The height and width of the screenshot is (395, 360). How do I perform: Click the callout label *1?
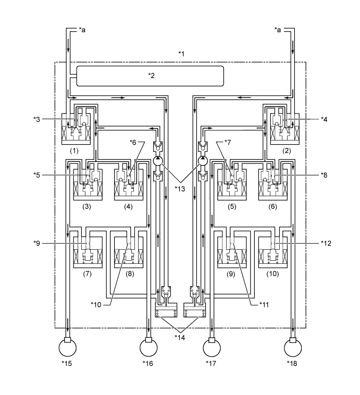[x=181, y=54]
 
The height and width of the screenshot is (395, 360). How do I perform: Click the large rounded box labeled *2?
[x=150, y=75]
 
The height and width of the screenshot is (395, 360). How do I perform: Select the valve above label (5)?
[x=231, y=182]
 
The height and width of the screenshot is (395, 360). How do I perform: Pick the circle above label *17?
[x=211, y=346]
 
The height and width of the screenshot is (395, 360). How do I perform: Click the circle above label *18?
[x=293, y=346]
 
